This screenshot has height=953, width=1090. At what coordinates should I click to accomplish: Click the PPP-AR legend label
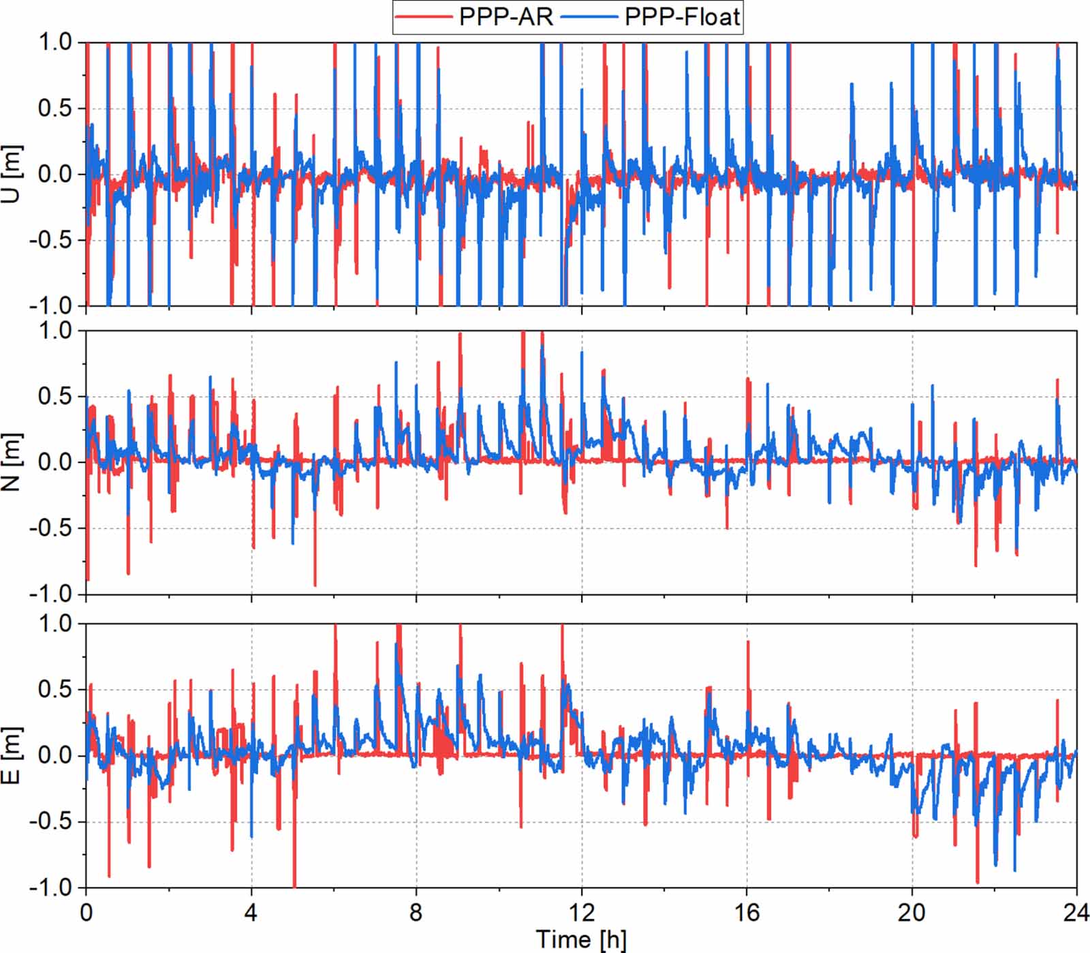(x=505, y=16)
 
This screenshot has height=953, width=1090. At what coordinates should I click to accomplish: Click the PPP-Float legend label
(x=682, y=16)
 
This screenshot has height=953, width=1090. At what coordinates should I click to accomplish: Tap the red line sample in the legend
(x=424, y=17)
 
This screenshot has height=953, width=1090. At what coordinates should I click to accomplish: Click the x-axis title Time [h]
(x=580, y=939)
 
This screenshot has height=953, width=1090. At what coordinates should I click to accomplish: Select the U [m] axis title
(x=12, y=174)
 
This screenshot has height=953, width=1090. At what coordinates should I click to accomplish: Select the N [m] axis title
(x=12, y=462)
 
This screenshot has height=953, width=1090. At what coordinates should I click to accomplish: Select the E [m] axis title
(x=12, y=755)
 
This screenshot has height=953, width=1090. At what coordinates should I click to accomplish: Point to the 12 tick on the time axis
(x=581, y=912)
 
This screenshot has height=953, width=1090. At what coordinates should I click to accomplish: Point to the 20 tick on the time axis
(x=912, y=912)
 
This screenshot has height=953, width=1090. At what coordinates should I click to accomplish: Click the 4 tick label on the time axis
(x=251, y=912)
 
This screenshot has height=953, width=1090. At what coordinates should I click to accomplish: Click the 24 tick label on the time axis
(x=1075, y=912)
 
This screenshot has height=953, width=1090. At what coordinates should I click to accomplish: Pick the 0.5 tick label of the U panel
(x=54, y=108)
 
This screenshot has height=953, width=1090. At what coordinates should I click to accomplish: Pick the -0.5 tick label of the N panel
(x=50, y=528)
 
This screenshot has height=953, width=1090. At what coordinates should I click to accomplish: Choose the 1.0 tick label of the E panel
(x=54, y=623)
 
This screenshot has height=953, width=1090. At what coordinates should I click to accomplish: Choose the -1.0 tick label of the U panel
(x=50, y=305)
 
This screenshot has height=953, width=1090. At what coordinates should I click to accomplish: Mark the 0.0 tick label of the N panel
(x=54, y=462)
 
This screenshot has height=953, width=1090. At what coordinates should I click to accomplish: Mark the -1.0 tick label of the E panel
(x=50, y=887)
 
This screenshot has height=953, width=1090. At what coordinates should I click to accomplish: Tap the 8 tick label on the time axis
(x=416, y=912)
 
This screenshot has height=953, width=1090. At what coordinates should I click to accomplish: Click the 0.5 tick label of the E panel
(x=54, y=689)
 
